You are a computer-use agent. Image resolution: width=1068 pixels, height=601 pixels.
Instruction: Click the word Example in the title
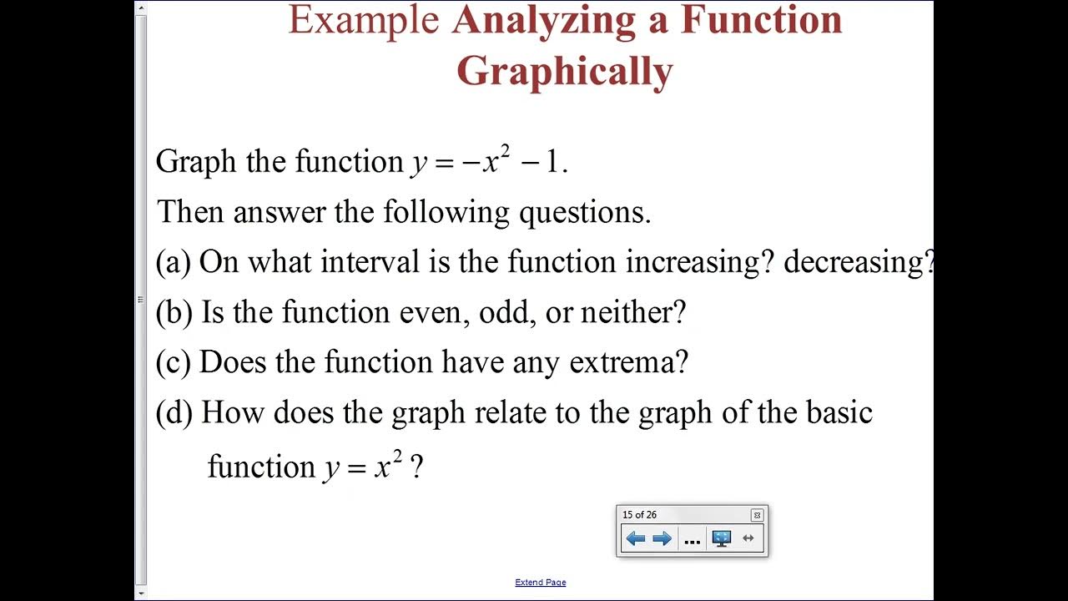(x=363, y=20)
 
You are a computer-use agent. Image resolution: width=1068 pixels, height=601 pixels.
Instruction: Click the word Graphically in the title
(x=564, y=72)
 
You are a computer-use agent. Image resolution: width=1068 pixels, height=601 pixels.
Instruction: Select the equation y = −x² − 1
(x=489, y=161)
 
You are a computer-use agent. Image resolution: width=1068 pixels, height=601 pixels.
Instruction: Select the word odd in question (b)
(x=511, y=312)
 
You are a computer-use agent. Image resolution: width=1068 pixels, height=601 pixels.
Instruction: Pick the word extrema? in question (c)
(x=628, y=362)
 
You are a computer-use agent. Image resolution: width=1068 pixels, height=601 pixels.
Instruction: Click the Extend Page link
(x=541, y=583)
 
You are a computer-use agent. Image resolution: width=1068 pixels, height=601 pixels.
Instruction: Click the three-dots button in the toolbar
(x=692, y=539)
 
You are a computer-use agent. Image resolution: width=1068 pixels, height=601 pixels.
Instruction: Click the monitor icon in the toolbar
(x=722, y=538)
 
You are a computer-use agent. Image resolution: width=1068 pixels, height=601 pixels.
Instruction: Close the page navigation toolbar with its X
(x=757, y=515)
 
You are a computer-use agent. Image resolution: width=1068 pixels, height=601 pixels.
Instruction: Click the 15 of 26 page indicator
(x=639, y=515)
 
